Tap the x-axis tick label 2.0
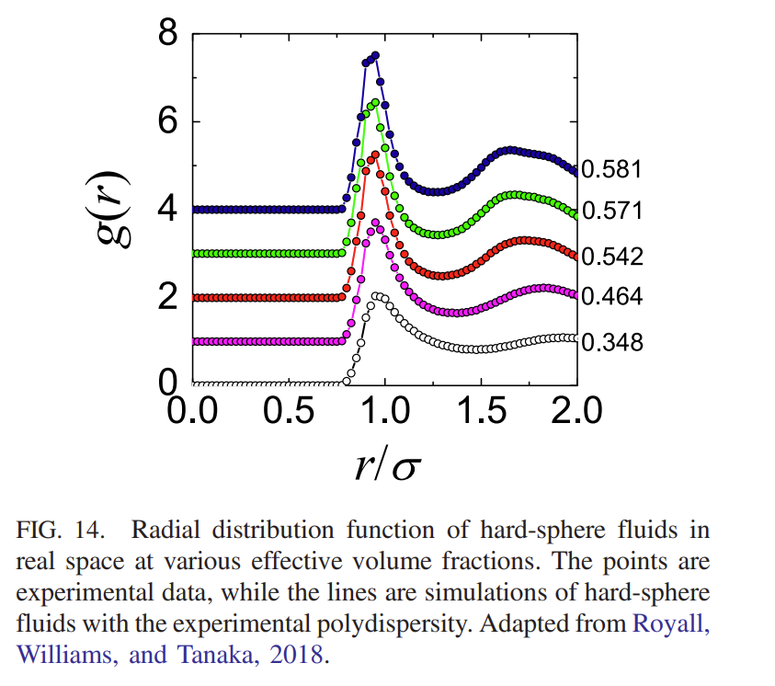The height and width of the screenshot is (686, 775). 571,409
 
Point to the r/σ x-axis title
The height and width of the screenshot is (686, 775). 384,464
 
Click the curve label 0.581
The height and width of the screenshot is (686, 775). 611,170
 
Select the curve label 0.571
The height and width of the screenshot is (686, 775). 611,212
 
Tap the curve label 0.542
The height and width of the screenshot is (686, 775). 611,257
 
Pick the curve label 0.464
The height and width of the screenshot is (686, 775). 611,298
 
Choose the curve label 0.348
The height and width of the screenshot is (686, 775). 611,343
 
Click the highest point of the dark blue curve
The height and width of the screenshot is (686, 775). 375,56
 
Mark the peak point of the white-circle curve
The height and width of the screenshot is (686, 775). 373,296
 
